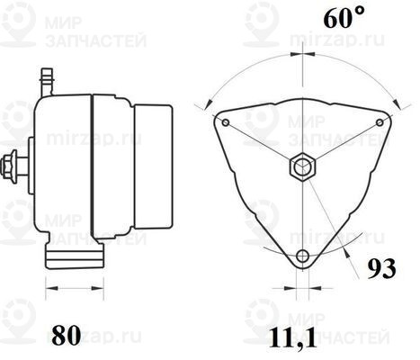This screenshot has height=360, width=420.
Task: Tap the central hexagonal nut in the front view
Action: pos(302,166)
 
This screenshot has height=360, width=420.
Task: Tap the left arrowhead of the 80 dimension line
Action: pos(49,290)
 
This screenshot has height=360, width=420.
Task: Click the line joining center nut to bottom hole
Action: pos(302,211)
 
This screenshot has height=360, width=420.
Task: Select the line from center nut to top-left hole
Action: pos(263,144)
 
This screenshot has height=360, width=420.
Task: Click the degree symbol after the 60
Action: pos(335,13)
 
